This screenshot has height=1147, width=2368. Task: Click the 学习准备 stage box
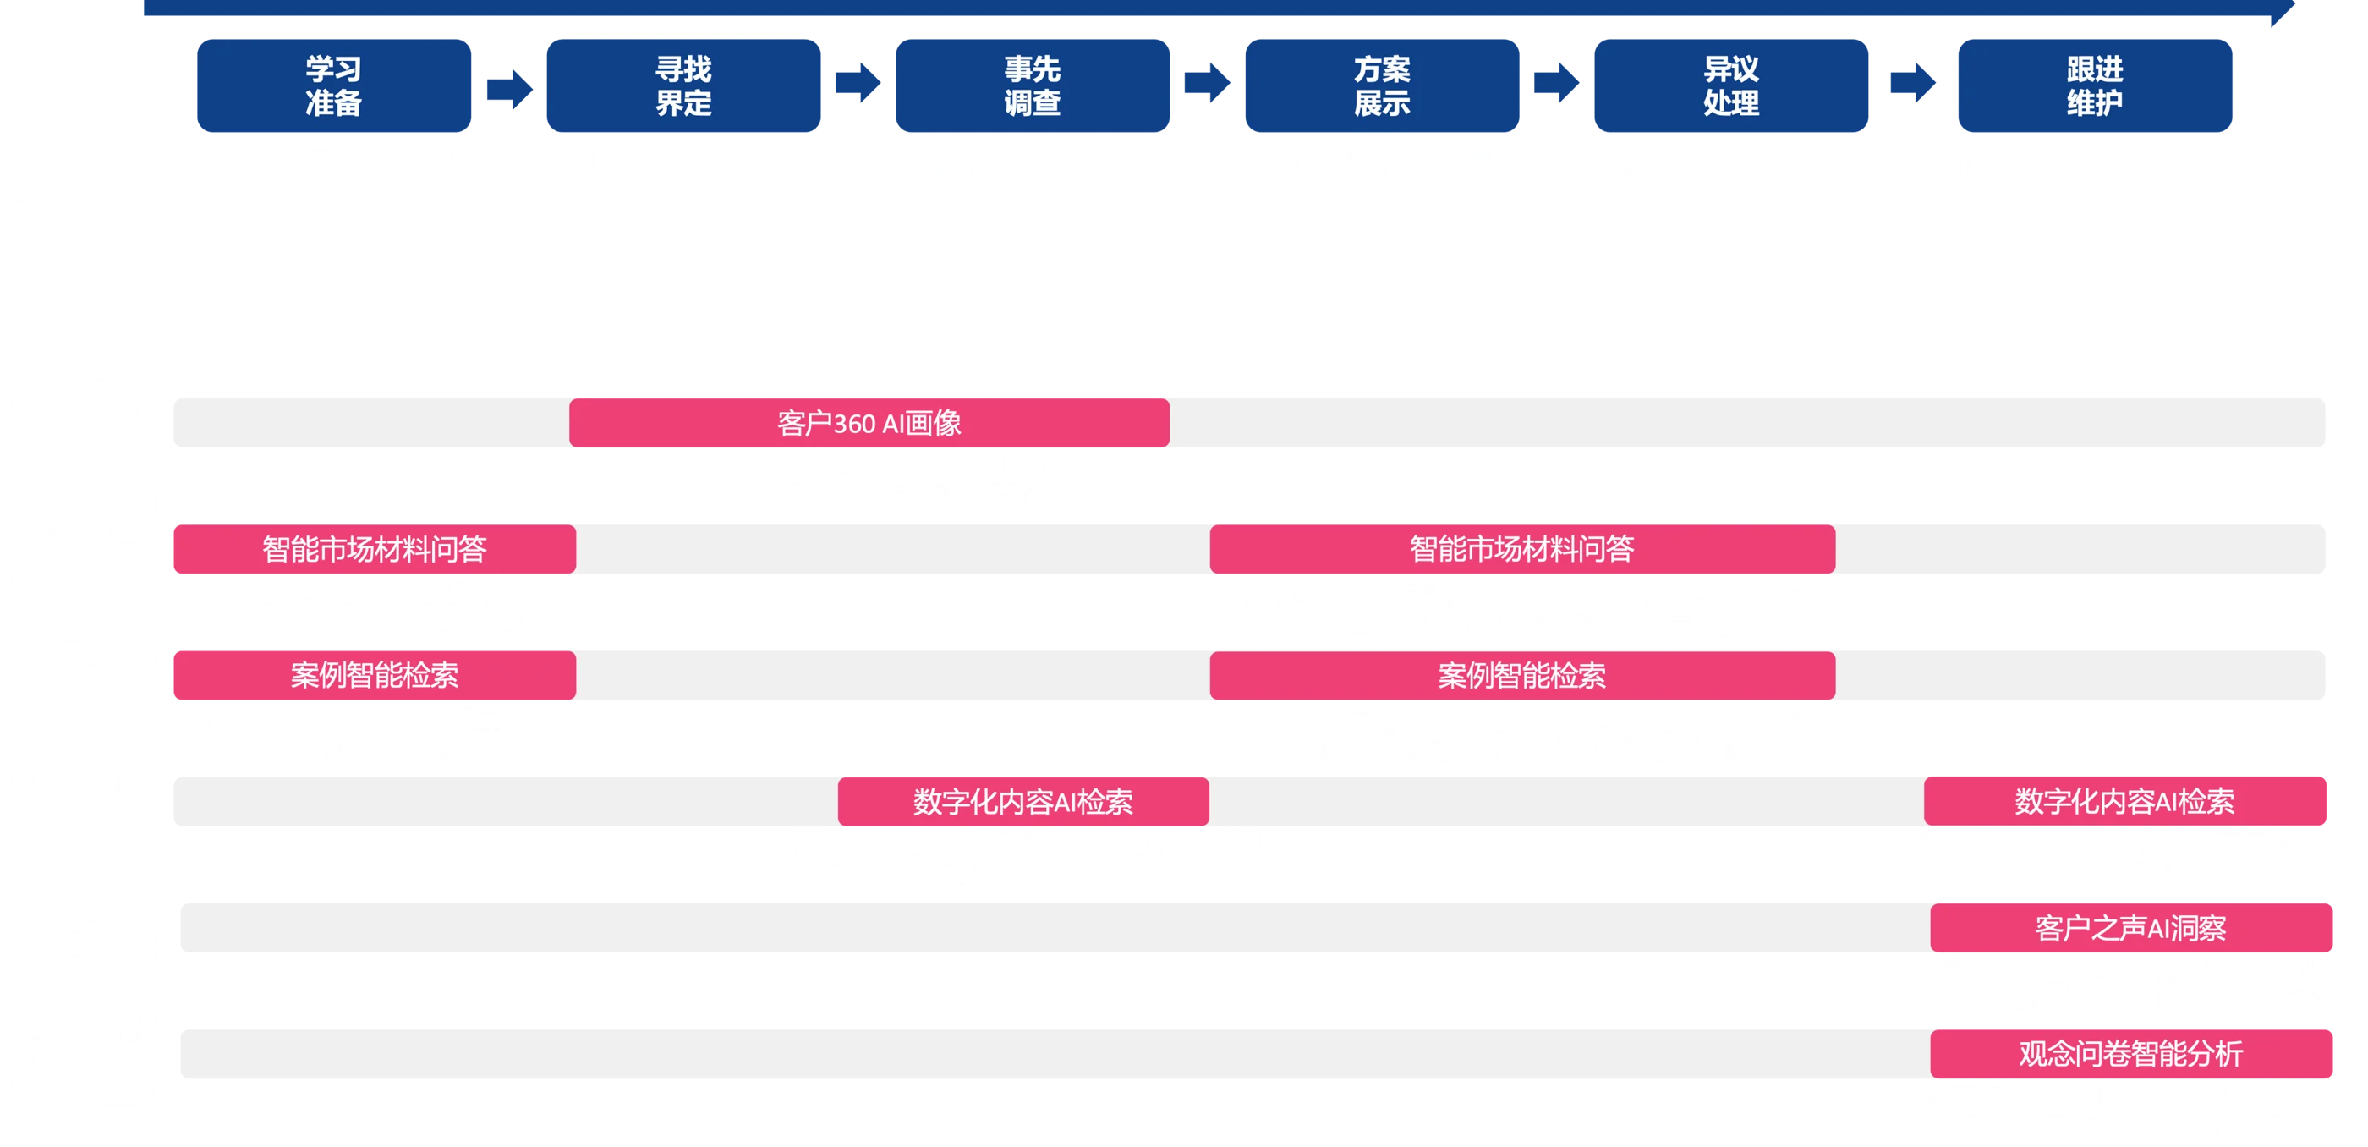pos(334,85)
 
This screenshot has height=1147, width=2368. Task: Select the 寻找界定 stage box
pos(683,85)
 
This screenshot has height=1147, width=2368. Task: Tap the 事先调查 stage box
pos(1033,85)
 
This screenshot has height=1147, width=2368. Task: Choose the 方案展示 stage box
pos(1382,85)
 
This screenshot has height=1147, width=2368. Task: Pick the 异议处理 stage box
pos(1731,85)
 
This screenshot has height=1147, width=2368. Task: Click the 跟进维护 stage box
pos(2095,85)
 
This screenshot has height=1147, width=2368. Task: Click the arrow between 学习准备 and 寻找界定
pos(509,88)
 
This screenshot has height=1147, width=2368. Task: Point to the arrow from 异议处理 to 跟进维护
pos(1913,84)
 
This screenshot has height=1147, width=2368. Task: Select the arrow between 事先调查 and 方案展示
pos(1207,84)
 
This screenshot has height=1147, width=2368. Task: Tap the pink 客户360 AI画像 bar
pos(869,423)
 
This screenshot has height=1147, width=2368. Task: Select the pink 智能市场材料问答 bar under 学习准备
pos(374,549)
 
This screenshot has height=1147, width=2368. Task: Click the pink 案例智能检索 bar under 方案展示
pos(1521,676)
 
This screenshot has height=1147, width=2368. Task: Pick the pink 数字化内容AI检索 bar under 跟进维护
pos(2124,800)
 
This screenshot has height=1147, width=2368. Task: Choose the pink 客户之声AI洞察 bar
pos(2131,927)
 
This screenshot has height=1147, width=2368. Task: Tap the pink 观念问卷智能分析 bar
pos(2131,1053)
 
